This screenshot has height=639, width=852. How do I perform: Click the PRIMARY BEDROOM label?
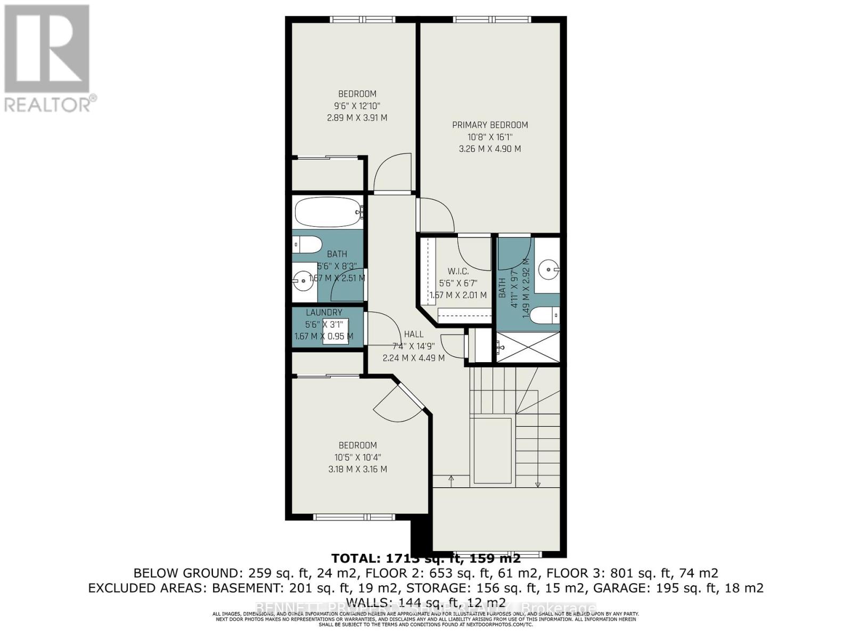(490, 125)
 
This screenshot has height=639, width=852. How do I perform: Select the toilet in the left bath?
(308, 245)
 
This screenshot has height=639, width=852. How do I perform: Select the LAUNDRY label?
(324, 313)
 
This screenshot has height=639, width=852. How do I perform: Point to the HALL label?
(414, 334)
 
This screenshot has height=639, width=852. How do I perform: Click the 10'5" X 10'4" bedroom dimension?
(358, 457)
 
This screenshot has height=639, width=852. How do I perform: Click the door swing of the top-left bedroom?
(392, 173)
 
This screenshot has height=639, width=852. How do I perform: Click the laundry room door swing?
(381, 330)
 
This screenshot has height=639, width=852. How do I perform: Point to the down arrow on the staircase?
(538, 484)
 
